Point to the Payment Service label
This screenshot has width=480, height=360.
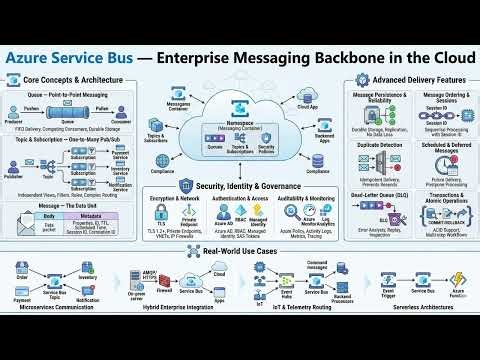(119, 156)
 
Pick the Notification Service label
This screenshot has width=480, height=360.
(119, 186)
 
